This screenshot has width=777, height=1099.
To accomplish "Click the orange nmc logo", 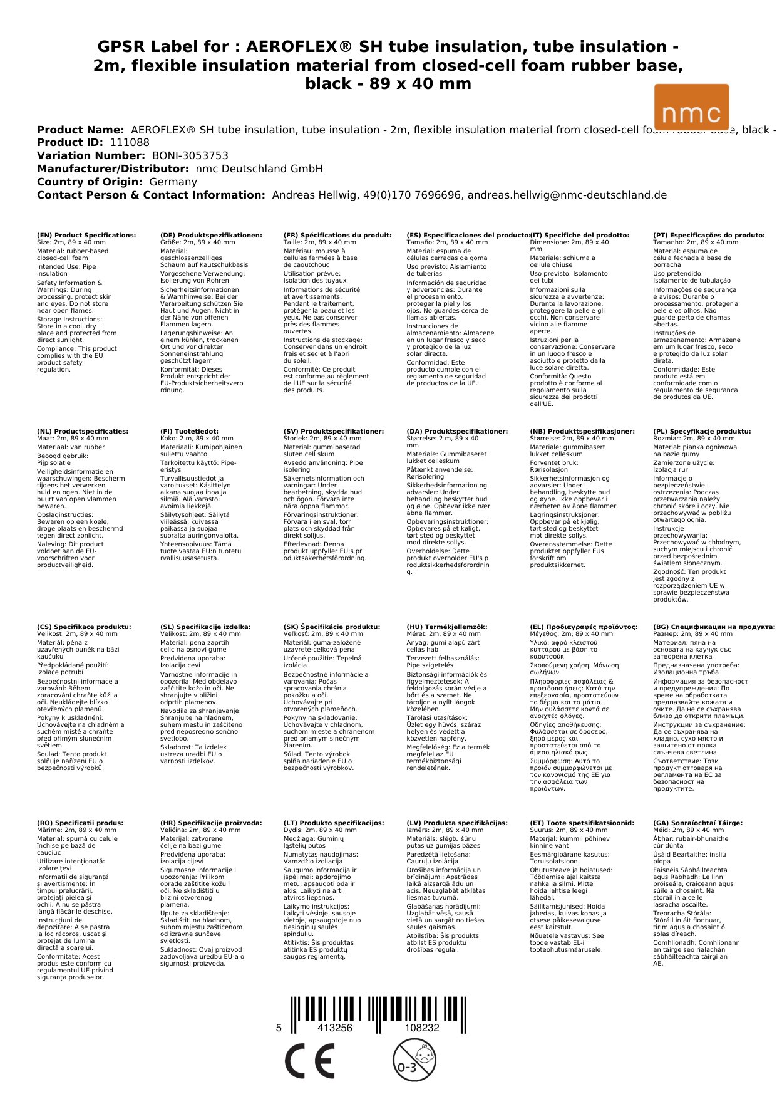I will click(691, 107).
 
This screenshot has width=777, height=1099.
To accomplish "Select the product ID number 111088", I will click(130, 143).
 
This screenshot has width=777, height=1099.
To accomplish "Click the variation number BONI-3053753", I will click(190, 156).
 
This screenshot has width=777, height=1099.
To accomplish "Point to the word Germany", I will click(173, 182).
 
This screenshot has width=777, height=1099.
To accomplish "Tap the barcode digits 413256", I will click(335, 1028).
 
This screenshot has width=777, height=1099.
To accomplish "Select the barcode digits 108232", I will click(421, 1028).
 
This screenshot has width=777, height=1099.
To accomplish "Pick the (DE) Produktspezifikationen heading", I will click(211, 236).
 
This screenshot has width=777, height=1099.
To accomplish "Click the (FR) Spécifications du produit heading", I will click(337, 236).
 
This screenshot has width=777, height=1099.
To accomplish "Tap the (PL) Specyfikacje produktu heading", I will click(701, 432).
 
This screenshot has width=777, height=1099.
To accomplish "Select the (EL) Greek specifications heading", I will click(584, 627).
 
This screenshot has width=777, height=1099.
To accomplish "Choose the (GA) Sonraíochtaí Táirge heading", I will click(697, 823).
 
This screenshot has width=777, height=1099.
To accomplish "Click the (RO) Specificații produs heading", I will click(80, 823).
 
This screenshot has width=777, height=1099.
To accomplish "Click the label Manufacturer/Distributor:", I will click(113, 169).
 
